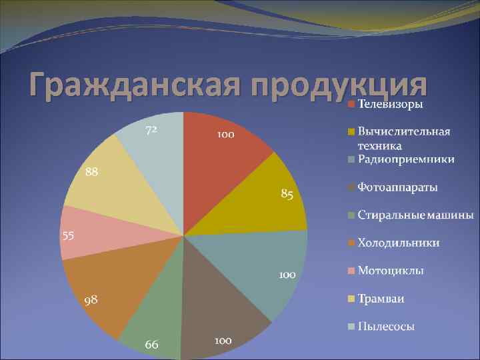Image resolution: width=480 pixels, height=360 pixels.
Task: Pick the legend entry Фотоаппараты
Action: [397, 187]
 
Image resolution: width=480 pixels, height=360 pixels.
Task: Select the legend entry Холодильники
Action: [398, 243]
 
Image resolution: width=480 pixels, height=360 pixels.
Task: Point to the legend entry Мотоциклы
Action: [391, 271]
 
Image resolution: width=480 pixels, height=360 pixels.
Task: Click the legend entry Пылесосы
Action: [386, 326]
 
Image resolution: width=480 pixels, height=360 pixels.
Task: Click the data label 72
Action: [151, 130]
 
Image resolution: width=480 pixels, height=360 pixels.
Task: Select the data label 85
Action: [287, 194]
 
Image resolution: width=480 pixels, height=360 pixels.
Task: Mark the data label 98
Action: [91, 301]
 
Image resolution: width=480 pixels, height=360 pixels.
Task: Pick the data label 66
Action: [152, 344]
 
